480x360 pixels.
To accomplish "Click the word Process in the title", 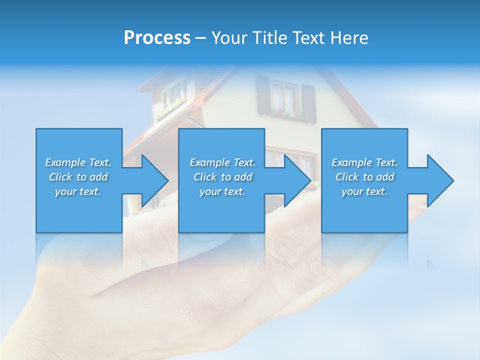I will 157,38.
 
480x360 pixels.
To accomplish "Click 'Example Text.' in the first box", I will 78,162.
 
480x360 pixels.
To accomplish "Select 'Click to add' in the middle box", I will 222,177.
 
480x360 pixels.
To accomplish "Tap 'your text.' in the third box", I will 364,191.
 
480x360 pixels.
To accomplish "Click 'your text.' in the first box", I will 78,191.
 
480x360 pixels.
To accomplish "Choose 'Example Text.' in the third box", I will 364,162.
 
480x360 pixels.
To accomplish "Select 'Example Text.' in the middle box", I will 222,162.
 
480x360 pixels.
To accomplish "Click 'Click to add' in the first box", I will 78,177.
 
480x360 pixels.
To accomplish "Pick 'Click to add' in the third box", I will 364,177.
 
